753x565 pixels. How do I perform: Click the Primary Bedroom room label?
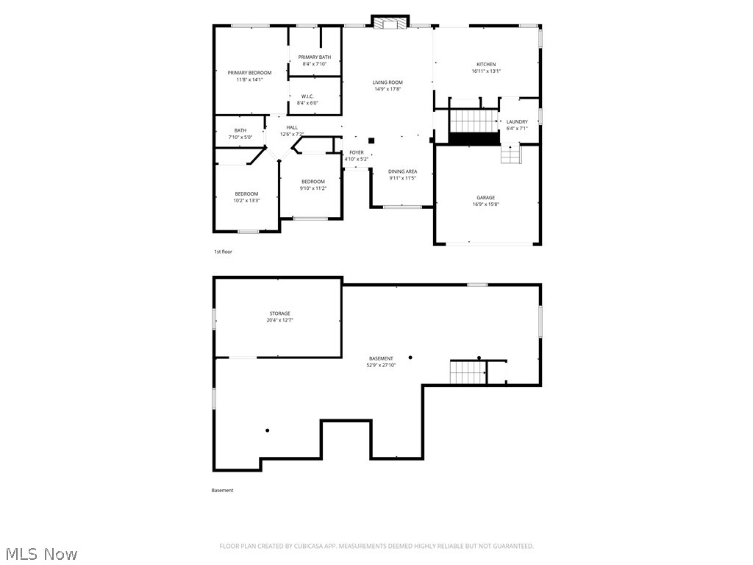pyautogui.click(x=249, y=73)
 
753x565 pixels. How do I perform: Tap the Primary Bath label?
pyautogui.click(x=314, y=57)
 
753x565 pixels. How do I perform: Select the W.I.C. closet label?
pyautogui.click(x=307, y=96)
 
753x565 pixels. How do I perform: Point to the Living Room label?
pyautogui.click(x=388, y=82)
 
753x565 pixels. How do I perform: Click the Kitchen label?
pyautogui.click(x=486, y=65)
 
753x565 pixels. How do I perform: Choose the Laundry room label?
pyautogui.click(x=517, y=122)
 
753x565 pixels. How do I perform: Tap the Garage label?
pyautogui.click(x=485, y=198)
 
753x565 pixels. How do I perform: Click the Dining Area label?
pyautogui.click(x=403, y=171)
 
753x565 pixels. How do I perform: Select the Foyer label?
pyautogui.click(x=356, y=152)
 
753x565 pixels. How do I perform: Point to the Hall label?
pyautogui.click(x=292, y=127)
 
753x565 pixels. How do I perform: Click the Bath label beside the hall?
pyautogui.click(x=240, y=130)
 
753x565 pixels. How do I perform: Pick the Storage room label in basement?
pyautogui.click(x=279, y=313)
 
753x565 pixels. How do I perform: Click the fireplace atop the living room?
pyautogui.click(x=389, y=23)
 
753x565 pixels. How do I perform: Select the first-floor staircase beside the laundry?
pyautogui.click(x=474, y=121)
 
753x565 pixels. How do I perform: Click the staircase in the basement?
pyautogui.click(x=468, y=373)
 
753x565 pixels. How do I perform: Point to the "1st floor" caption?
pyautogui.click(x=223, y=252)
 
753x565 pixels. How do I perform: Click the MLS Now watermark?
pyautogui.click(x=41, y=554)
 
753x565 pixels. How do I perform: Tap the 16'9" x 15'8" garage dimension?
pyautogui.click(x=485, y=205)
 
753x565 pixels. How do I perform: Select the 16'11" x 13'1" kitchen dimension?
pyautogui.click(x=486, y=71)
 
